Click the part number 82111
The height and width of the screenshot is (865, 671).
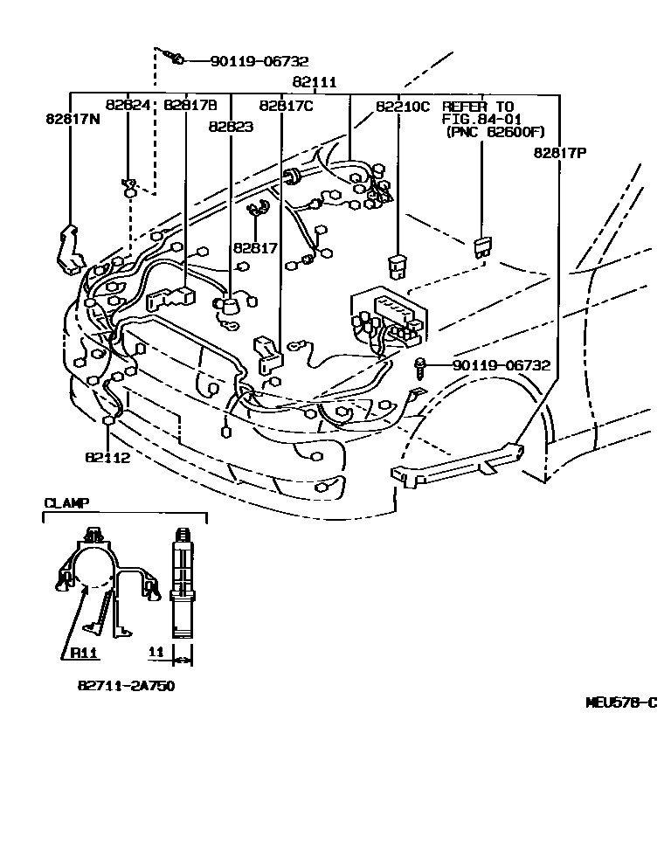pos(315,82)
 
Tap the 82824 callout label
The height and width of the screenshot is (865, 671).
pos(128,105)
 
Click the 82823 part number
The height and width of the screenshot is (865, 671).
pos(231,127)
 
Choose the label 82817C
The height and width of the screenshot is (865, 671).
pos(286,106)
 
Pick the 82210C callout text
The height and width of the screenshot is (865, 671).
pos(403,106)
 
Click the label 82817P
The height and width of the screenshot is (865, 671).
pos(560,153)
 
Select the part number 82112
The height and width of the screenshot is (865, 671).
pos(107,457)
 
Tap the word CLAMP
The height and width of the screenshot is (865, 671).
pos(66,502)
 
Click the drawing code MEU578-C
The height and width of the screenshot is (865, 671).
pos(620,702)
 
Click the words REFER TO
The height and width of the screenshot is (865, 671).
pos(478,106)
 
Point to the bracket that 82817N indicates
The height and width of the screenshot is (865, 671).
pos(69,249)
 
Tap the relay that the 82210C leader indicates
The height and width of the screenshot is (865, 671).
pos(398,263)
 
